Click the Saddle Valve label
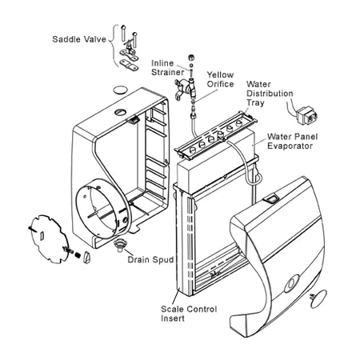pyautogui.click(x=79, y=39)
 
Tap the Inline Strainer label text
pyautogui.click(x=168, y=68)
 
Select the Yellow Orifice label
pyautogui.click(x=221, y=79)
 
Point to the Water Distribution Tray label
pyautogui.click(x=270, y=94)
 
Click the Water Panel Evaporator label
pyautogui.click(x=293, y=142)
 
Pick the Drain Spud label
pyautogui.click(x=150, y=259)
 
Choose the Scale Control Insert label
pyautogui.click(x=189, y=314)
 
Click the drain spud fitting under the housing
pyautogui.click(x=120, y=245)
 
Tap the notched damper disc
pyautogui.click(x=50, y=238)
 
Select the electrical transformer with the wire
pyautogui.click(x=306, y=115)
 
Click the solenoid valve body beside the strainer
pyautogui.click(x=185, y=87)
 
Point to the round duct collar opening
pyautogui.click(x=103, y=209)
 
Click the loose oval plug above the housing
pyautogui.click(x=120, y=90)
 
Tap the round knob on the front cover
pyautogui.click(x=292, y=283)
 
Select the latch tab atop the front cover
pyautogui.click(x=270, y=198)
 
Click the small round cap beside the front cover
pyautogui.click(x=318, y=299)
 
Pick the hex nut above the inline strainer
pyautogui.click(x=191, y=57)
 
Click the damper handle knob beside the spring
pyautogui.click(x=86, y=257)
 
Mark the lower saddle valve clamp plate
pyautogui.click(x=130, y=65)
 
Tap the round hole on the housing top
pyautogui.click(x=120, y=112)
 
